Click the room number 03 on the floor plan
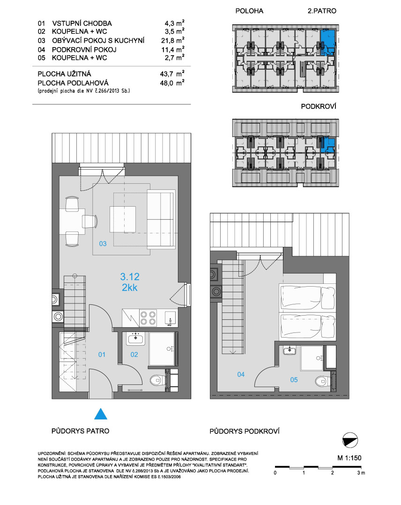(x=103, y=244)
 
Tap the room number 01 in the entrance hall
(x=102, y=354)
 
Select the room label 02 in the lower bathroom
(x=134, y=354)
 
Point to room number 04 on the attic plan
(x=241, y=374)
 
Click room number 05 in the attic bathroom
(x=294, y=380)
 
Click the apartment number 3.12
(x=130, y=277)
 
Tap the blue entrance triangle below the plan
(x=101, y=414)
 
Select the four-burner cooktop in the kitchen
(x=148, y=318)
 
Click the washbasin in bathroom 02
(x=136, y=339)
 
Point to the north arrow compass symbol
(x=350, y=440)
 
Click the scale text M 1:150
(x=349, y=458)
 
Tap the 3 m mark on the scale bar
(x=361, y=473)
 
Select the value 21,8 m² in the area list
(x=173, y=40)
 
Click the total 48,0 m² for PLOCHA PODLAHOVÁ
(x=172, y=83)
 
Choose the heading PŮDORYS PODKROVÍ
(x=245, y=431)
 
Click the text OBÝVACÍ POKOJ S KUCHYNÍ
(x=98, y=41)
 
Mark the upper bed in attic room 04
(x=308, y=297)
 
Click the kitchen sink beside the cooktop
(x=170, y=318)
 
